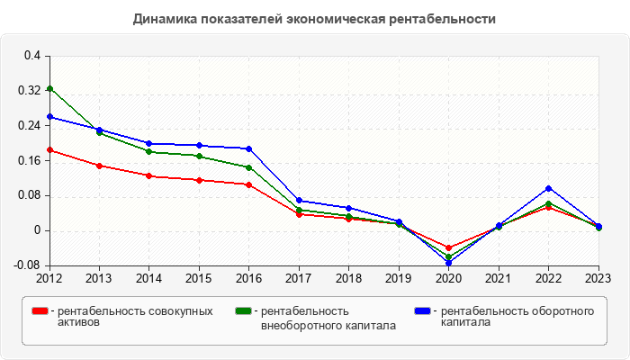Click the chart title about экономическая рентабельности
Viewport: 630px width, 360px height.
[x=314, y=18]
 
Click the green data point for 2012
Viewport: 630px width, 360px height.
[x=49, y=88]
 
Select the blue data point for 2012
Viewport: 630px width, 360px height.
[x=49, y=116]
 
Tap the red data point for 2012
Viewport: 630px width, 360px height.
[x=49, y=150]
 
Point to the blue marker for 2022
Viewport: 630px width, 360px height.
[x=549, y=188]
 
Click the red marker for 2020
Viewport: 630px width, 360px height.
[x=449, y=247]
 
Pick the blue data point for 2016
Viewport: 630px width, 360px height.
[x=249, y=148]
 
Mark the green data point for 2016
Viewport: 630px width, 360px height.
[x=249, y=167]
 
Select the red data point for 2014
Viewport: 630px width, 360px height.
[x=149, y=175]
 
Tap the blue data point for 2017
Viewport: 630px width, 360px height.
[x=299, y=201]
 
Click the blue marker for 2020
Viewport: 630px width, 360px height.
[x=449, y=263]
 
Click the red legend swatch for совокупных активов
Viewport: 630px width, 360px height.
[x=40, y=311]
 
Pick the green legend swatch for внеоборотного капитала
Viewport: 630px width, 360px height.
[x=242, y=311]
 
